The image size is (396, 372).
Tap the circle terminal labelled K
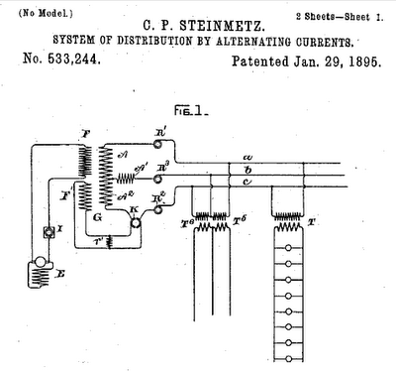[135, 223]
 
